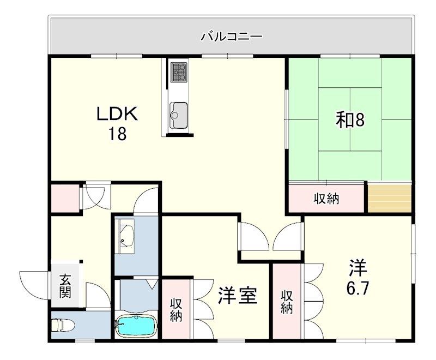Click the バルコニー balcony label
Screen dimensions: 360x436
(x=231, y=37)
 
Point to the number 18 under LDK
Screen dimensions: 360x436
(x=117, y=134)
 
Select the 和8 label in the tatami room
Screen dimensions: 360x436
(x=349, y=120)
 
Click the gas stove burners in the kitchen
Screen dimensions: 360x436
(x=178, y=71)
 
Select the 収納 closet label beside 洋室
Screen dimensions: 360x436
(x=175, y=309)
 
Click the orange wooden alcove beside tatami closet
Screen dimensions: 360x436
(x=389, y=199)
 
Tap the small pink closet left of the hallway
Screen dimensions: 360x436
(x=64, y=198)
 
